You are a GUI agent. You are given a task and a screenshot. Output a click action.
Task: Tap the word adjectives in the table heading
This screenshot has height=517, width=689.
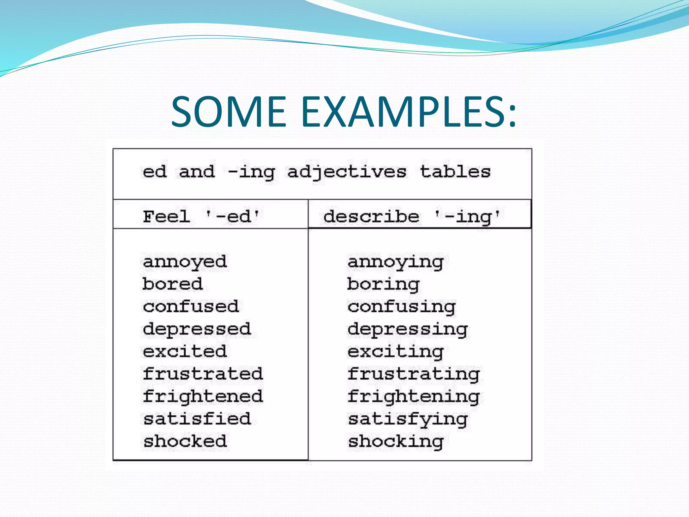347,172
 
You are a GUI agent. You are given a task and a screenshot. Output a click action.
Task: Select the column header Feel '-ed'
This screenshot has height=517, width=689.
201,216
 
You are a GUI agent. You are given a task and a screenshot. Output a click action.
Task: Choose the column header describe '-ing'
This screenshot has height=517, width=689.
411,216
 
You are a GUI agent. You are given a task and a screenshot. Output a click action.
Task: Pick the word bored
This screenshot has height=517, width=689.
172,284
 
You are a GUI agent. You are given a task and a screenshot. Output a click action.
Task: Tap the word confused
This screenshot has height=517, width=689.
191,307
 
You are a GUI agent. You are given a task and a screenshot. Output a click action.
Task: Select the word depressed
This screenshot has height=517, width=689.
197,329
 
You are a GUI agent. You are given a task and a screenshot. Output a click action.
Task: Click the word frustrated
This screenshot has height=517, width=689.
203,374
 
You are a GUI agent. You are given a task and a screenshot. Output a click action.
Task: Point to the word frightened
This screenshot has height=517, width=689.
203,397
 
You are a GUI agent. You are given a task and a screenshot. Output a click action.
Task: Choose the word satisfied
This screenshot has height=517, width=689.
197,419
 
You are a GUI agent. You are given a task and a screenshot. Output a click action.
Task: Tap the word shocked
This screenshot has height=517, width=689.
185,441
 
